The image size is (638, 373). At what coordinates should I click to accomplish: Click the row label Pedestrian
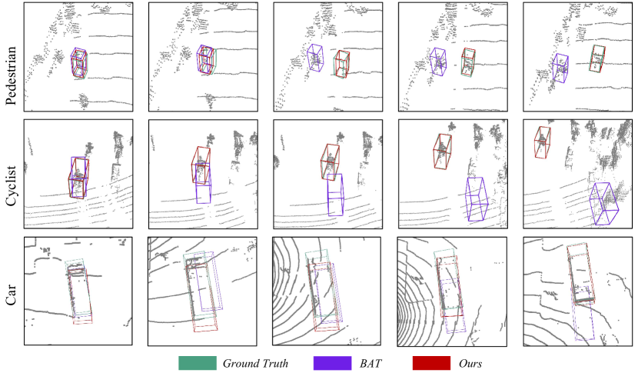11,75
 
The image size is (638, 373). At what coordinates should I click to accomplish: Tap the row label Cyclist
11,185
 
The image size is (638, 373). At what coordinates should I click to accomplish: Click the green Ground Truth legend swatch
198,363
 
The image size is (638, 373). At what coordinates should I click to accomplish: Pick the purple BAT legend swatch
332,363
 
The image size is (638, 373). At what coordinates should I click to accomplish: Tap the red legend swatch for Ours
431,363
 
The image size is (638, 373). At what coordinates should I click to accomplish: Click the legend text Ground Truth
255,363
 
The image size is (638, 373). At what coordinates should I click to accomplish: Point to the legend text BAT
371,363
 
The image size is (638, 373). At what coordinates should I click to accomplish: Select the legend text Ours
470,363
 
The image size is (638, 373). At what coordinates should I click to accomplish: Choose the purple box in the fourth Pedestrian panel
431,62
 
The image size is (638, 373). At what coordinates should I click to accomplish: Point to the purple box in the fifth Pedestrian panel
553,68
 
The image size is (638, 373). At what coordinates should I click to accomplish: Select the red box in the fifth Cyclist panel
535,142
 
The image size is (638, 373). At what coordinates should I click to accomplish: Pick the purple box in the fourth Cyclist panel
467,199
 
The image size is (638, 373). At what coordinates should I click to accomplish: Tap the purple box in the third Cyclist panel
328,195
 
